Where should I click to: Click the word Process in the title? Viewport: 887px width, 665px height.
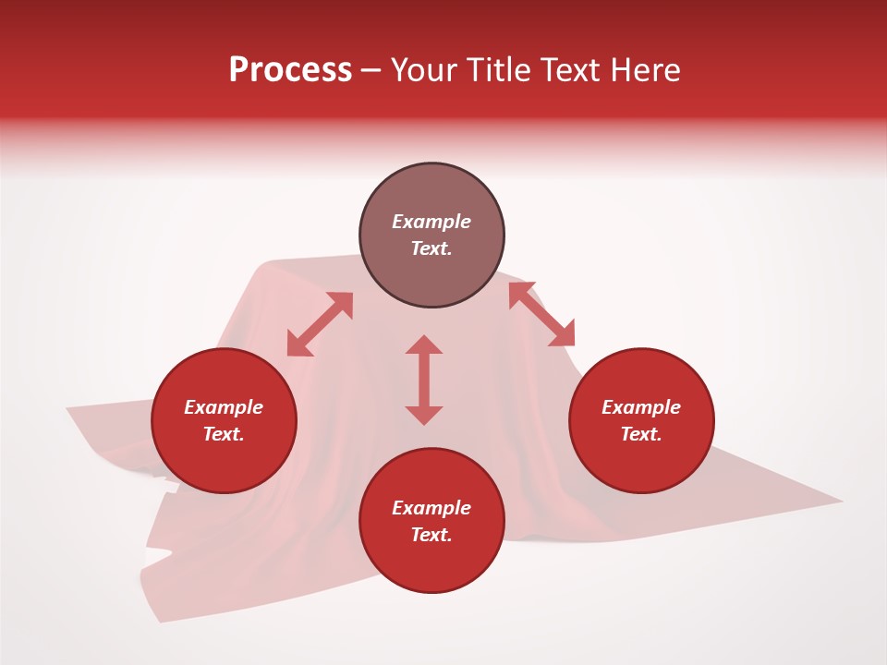(x=290, y=70)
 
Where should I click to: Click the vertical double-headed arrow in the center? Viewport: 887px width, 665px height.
(x=424, y=380)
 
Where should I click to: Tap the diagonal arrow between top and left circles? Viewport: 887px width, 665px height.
(x=320, y=324)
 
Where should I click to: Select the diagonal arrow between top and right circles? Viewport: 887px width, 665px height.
(x=541, y=314)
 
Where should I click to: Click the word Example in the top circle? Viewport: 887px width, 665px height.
(x=431, y=222)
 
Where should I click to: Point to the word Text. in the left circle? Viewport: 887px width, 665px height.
(x=224, y=434)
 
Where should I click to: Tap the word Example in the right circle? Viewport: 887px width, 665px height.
(x=641, y=407)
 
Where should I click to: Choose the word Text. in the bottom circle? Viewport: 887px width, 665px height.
(x=431, y=535)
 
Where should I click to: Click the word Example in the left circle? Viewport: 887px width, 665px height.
(x=224, y=407)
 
